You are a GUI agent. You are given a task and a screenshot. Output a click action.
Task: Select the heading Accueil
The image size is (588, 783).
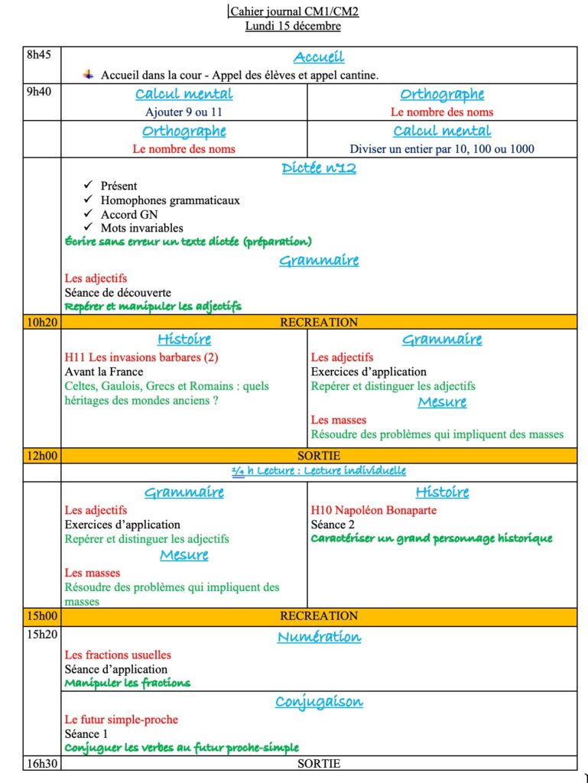point(319,57)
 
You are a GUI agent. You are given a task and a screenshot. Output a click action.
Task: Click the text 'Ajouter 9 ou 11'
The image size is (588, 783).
point(184,112)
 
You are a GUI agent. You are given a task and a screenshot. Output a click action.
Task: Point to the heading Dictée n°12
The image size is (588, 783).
point(319,168)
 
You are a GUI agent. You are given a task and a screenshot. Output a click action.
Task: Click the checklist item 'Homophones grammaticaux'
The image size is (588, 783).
point(170,200)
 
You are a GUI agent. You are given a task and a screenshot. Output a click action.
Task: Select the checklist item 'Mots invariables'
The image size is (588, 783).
point(141,228)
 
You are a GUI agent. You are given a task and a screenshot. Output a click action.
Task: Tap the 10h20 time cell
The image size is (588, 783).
point(41,323)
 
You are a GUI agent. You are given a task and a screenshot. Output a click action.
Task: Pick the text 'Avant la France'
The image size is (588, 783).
point(104,372)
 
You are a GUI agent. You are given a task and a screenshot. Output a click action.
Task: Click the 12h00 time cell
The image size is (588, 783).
point(41,456)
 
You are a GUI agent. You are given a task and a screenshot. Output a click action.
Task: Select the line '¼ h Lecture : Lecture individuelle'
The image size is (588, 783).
point(319,471)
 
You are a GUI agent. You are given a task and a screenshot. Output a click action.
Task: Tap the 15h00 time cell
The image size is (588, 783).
point(41,616)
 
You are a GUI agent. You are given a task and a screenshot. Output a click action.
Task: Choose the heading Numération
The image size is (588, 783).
point(319,637)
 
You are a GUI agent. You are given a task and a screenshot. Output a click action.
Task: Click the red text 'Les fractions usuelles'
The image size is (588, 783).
point(118,655)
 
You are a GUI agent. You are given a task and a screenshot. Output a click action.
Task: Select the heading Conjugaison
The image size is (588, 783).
point(319,702)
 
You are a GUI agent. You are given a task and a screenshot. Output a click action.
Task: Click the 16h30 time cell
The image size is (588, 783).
point(41,763)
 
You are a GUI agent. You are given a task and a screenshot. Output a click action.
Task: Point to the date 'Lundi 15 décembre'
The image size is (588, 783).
point(293,26)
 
